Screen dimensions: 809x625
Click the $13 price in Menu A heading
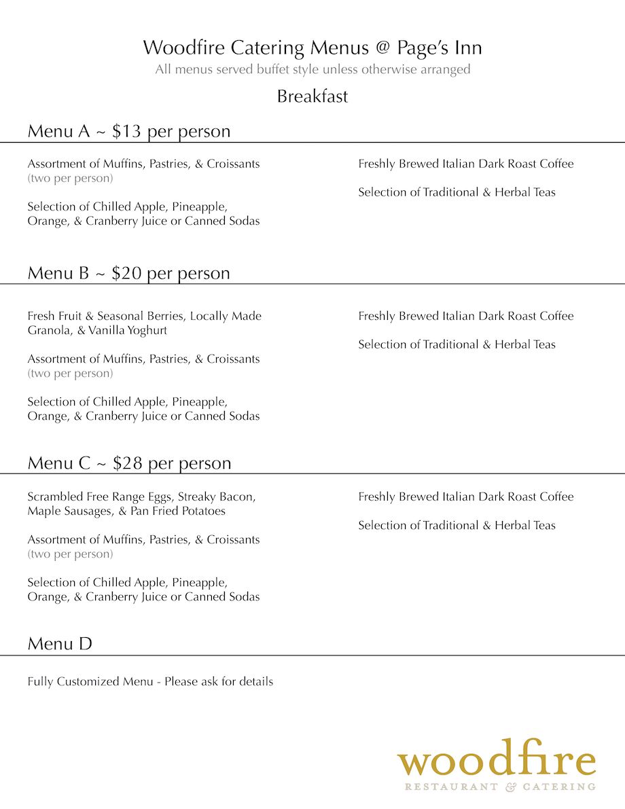pos(126,131)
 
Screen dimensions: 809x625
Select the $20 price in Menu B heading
pos(126,273)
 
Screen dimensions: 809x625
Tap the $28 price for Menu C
pos(127,463)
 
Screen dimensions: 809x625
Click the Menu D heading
pos(60,643)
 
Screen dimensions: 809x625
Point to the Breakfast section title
pos(312,96)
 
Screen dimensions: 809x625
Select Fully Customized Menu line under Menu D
pos(150,681)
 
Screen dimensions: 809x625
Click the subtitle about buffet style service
pos(312,69)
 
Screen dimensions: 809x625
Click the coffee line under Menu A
pos(465,164)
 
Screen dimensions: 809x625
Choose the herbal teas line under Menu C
pos(457,525)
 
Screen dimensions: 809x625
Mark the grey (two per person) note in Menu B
pos(70,374)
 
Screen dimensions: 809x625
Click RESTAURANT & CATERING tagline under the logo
pos(500,787)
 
